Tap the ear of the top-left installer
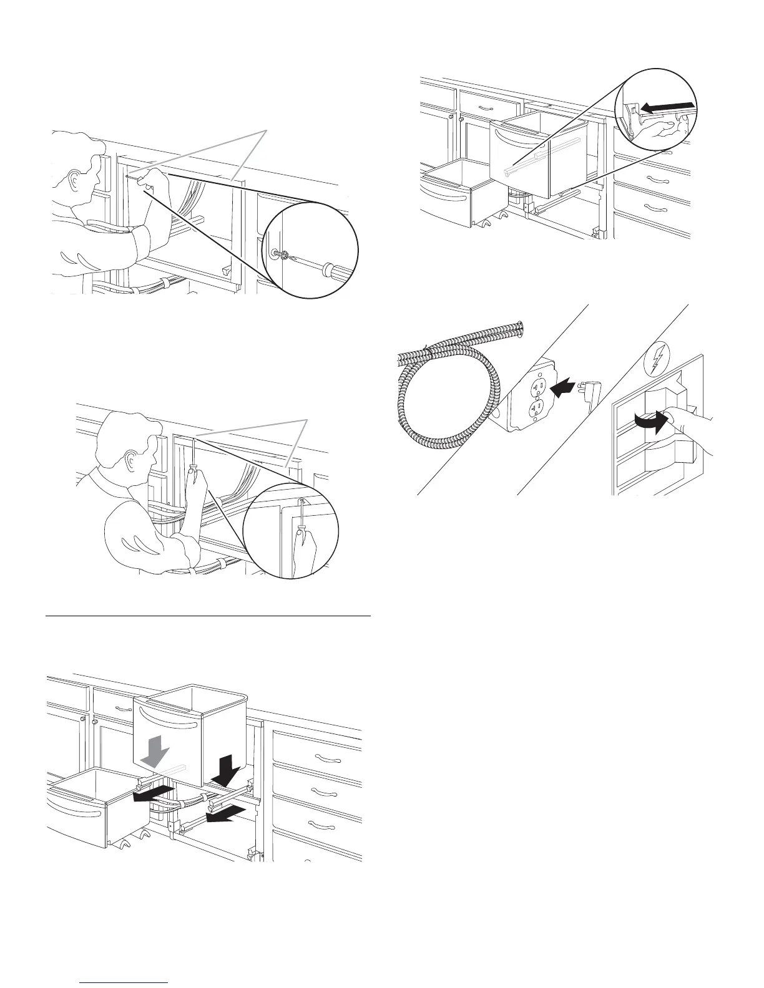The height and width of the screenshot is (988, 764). [77, 180]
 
